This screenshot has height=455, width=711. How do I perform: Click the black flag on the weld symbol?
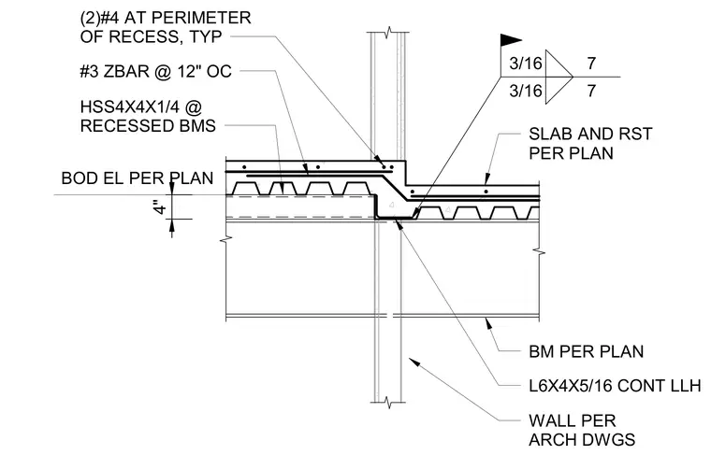point(509,40)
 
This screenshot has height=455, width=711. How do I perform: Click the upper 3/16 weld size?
point(526,64)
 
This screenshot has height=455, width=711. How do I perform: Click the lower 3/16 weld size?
point(526,91)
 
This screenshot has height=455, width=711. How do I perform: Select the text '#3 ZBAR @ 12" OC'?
point(155,72)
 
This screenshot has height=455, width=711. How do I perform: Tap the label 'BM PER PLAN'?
point(587,352)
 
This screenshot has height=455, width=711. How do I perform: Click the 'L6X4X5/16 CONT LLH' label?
point(615,386)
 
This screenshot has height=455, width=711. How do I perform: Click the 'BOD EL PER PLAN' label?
point(138,178)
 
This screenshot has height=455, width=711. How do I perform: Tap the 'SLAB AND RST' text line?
point(590,134)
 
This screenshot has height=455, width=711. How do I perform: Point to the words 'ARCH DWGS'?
point(582,440)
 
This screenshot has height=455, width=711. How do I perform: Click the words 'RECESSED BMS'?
point(148,126)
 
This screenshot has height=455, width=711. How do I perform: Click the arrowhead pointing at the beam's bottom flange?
point(488,322)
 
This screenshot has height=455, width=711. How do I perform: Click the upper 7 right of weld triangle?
point(591,64)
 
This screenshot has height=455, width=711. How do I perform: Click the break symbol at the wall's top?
point(388,33)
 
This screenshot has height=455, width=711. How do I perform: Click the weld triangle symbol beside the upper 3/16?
point(558,64)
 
